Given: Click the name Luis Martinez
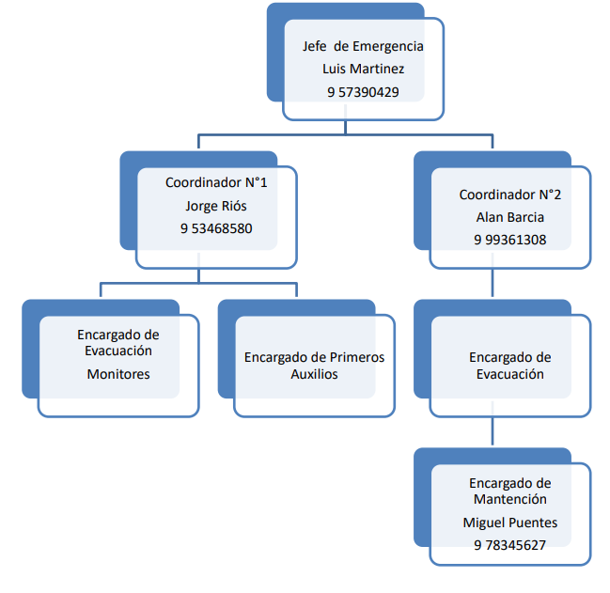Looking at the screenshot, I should click(362, 69).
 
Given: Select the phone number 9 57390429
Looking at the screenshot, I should click(363, 92).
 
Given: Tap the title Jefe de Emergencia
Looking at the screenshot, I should click(363, 46).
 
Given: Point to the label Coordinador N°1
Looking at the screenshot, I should click(216, 182).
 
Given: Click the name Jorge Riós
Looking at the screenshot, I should click(216, 206).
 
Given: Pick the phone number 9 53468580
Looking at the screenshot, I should click(216, 228).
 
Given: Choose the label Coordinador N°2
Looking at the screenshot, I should click(509, 195).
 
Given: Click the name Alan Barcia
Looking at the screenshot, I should click(509, 217).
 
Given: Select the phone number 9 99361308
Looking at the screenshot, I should click(509, 240).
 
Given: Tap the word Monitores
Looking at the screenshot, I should click(118, 374).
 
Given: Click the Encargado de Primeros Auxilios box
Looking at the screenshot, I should click(314, 366).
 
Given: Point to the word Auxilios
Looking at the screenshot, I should click(314, 374).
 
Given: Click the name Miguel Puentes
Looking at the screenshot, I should click(509, 523).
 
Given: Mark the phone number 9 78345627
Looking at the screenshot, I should click(509, 545).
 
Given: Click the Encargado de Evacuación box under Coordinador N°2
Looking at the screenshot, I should click(509, 366).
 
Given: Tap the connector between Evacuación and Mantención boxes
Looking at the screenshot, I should click(493, 431).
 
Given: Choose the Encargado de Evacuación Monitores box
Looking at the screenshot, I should click(118, 366).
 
